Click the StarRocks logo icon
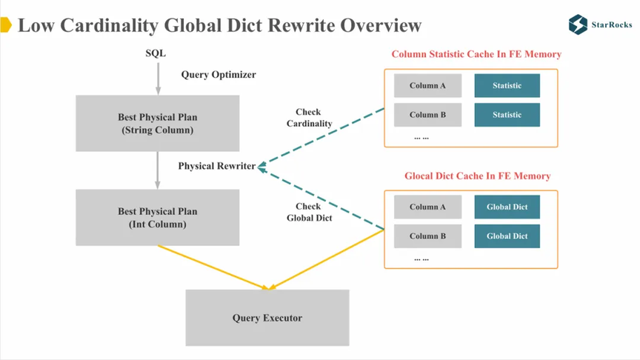click(x=578, y=24)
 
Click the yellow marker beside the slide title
click(x=6, y=24)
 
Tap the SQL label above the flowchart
click(x=156, y=53)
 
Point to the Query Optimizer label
click(x=219, y=75)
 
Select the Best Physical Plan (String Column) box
click(x=158, y=123)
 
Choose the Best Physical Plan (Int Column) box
click(x=158, y=218)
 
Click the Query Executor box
click(x=267, y=318)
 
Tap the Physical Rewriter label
click(x=217, y=166)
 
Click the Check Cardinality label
click(x=309, y=118)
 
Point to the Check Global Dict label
click(x=309, y=213)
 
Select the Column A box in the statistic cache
click(x=427, y=86)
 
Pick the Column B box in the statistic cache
click(x=427, y=115)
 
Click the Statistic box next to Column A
click(x=507, y=86)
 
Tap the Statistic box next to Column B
click(x=507, y=115)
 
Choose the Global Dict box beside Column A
click(x=507, y=207)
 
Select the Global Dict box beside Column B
click(x=507, y=236)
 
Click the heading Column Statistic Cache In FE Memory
click(x=476, y=54)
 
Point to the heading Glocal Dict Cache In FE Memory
click(x=478, y=176)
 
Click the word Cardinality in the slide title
click(x=110, y=25)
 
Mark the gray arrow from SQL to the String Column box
click(x=158, y=79)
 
